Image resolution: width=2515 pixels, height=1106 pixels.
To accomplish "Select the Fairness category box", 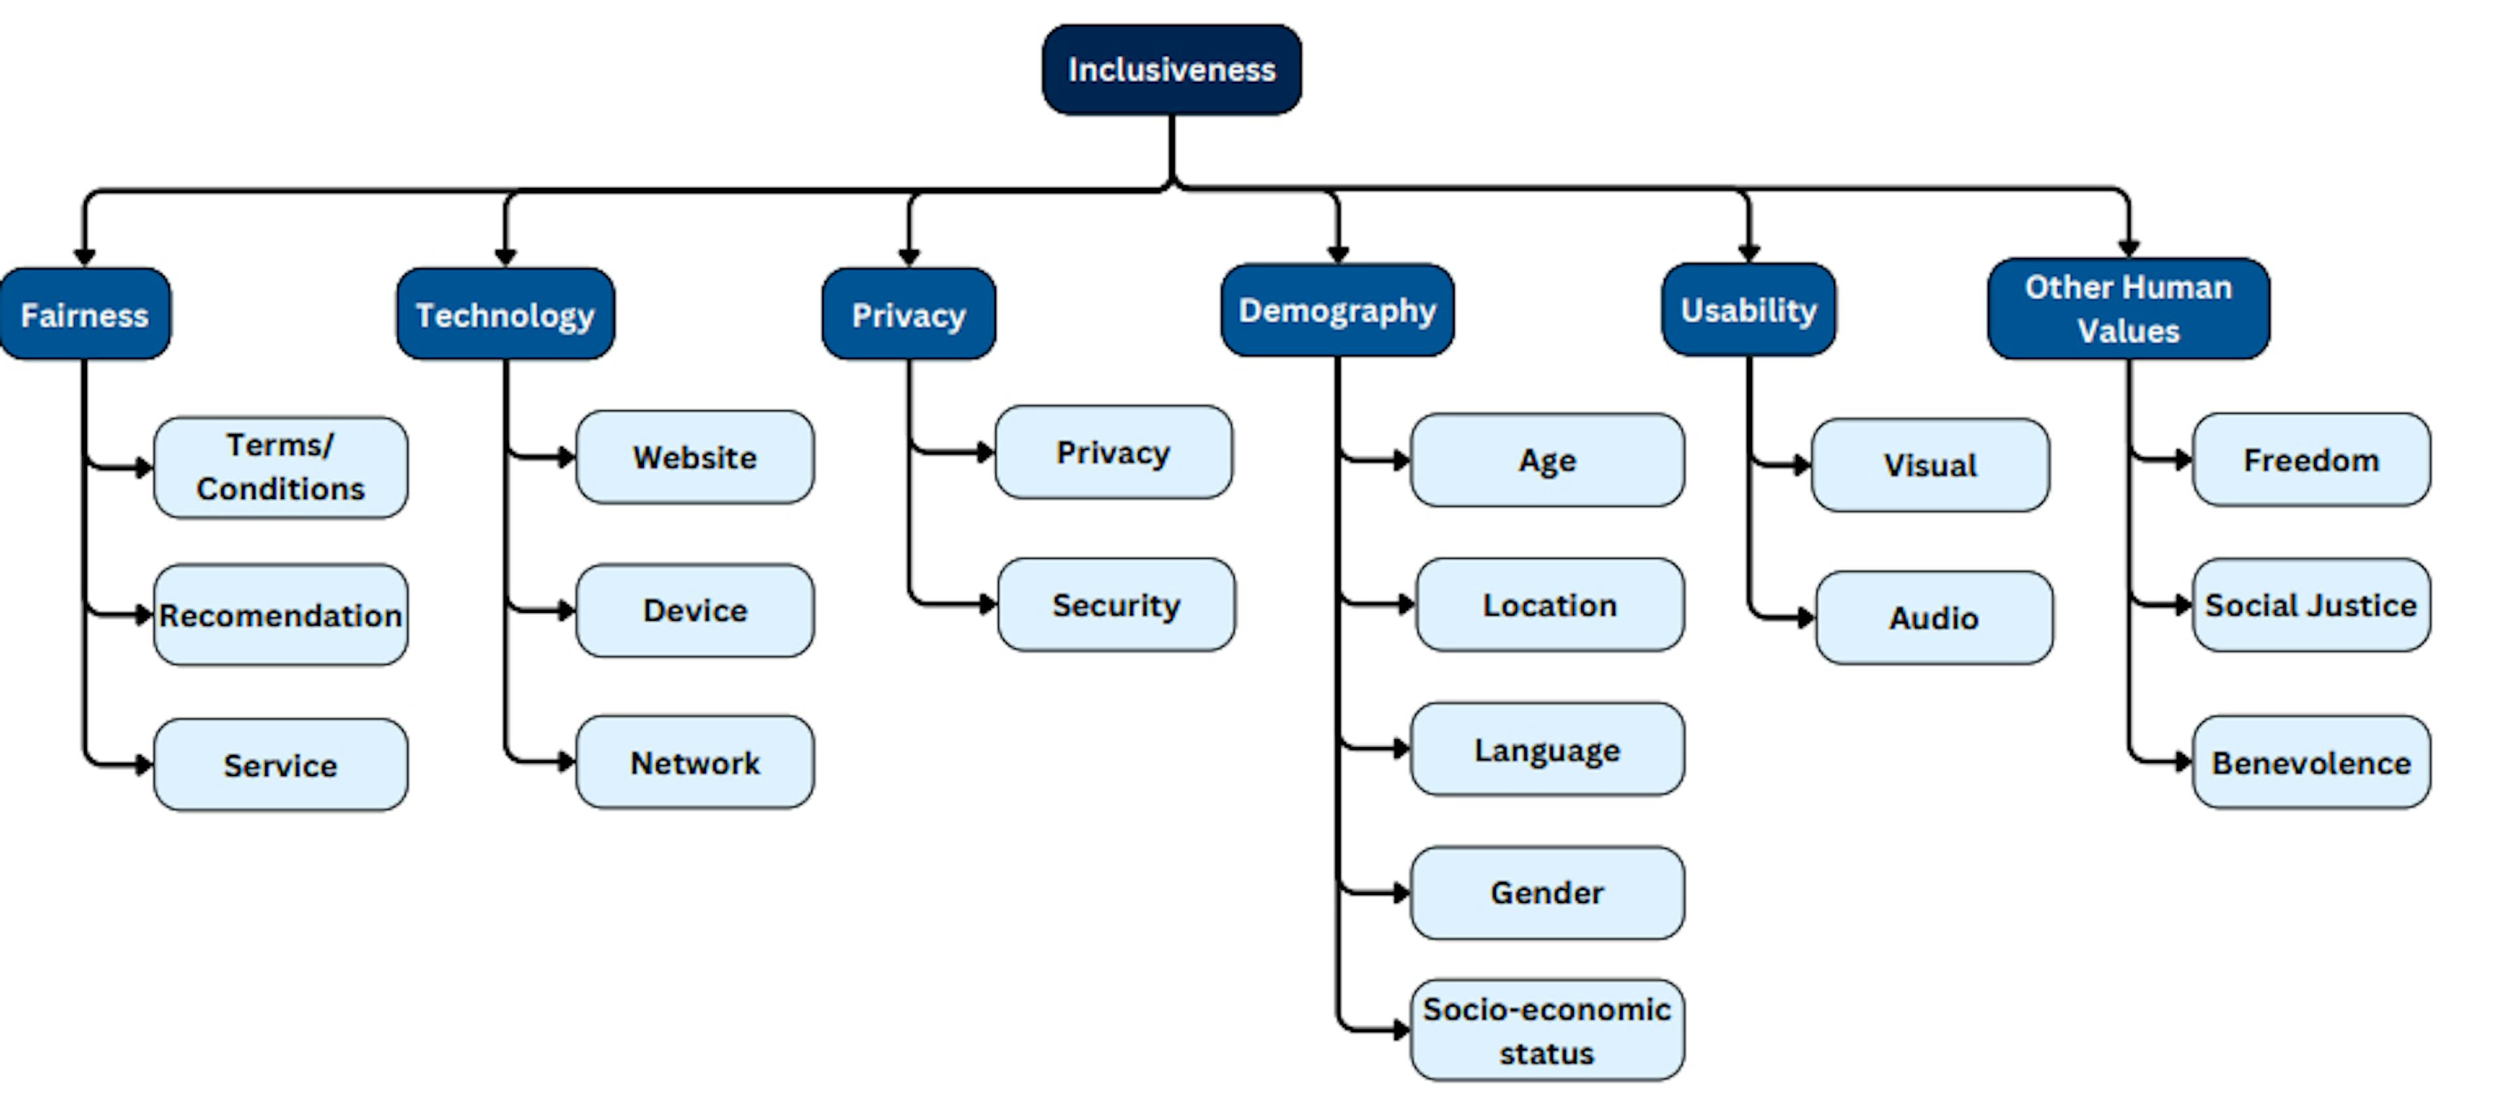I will click(x=85, y=314).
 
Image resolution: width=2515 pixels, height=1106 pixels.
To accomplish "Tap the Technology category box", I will click(x=505, y=314).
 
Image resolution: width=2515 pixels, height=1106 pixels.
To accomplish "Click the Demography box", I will click(x=1337, y=310).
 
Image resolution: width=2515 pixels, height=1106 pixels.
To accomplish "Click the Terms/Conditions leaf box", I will click(x=280, y=467).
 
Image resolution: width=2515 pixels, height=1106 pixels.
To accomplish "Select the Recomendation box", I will click(x=280, y=615).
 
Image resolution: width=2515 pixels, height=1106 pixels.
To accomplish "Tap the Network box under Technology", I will click(x=694, y=762).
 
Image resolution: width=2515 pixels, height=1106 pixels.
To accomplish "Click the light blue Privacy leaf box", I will click(x=1113, y=452).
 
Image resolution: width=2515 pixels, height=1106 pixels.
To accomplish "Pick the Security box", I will click(x=1116, y=605).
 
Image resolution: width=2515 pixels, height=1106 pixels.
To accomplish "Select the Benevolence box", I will click(x=2311, y=762).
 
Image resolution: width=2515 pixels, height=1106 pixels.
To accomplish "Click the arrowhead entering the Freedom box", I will click(x=2183, y=459).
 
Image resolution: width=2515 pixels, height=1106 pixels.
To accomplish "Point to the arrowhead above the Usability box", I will click(x=1749, y=253).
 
